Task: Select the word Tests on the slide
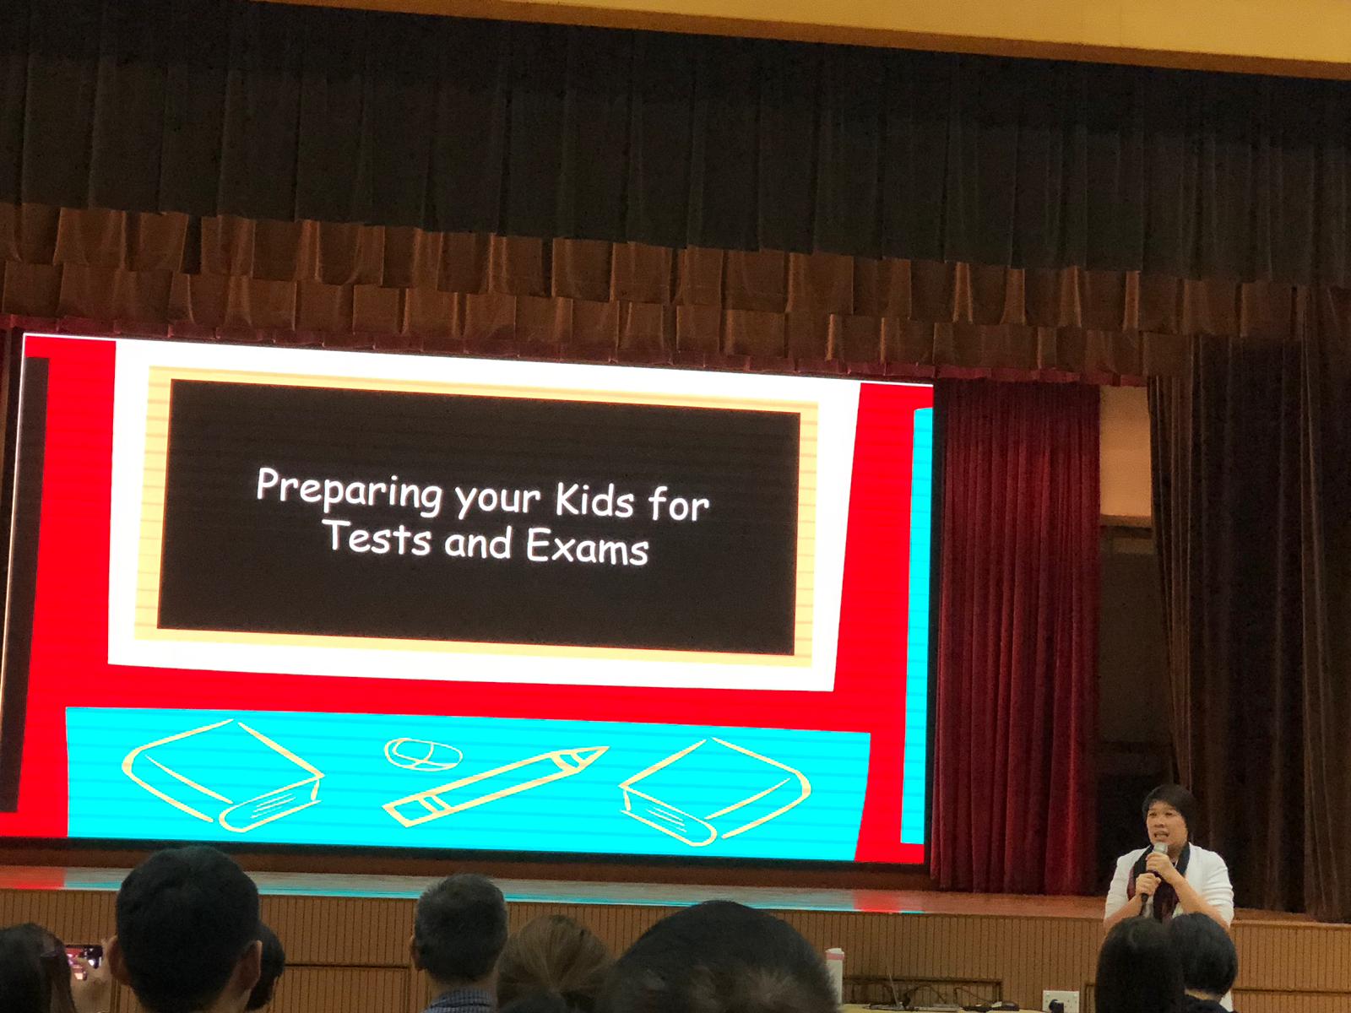pyautogui.click(x=376, y=538)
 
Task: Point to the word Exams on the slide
pyautogui.click(x=587, y=545)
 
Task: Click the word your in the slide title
pyautogui.click(x=497, y=500)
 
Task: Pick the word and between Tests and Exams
pyautogui.click(x=478, y=542)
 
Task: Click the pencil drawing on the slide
pyautogui.click(x=496, y=785)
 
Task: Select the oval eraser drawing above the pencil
pyautogui.click(x=424, y=754)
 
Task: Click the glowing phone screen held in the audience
pyautogui.click(x=84, y=956)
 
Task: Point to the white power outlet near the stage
pyautogui.click(x=1060, y=1000)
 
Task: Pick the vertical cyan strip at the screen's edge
pyautogui.click(x=916, y=625)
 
